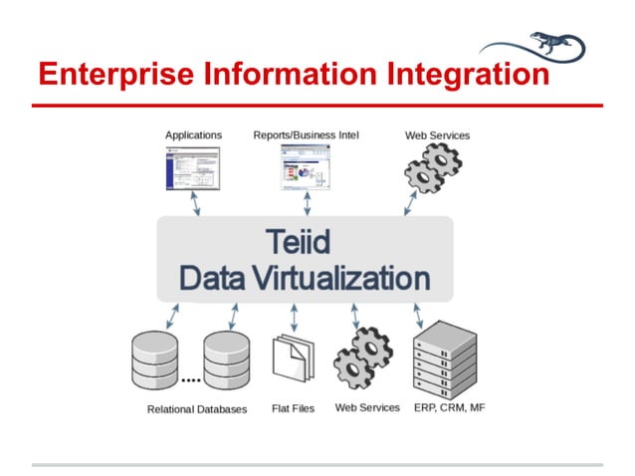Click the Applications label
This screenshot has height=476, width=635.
pyautogui.click(x=193, y=134)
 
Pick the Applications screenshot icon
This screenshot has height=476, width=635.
pyautogui.click(x=191, y=167)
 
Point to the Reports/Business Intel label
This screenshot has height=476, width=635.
pyautogui.click(x=306, y=134)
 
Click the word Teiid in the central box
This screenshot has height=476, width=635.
pyautogui.click(x=305, y=242)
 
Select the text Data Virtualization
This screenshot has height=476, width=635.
pyautogui.click(x=305, y=278)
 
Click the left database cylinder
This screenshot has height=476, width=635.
pyautogui.click(x=155, y=360)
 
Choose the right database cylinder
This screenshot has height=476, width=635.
pyautogui.click(x=227, y=360)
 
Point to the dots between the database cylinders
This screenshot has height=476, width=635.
pyautogui.click(x=191, y=380)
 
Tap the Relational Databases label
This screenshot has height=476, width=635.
pyautogui.click(x=197, y=409)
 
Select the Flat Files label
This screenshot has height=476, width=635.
pyautogui.click(x=293, y=409)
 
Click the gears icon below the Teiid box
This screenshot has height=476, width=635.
pyautogui.click(x=364, y=359)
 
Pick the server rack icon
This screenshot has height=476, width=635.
pyautogui.click(x=444, y=357)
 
